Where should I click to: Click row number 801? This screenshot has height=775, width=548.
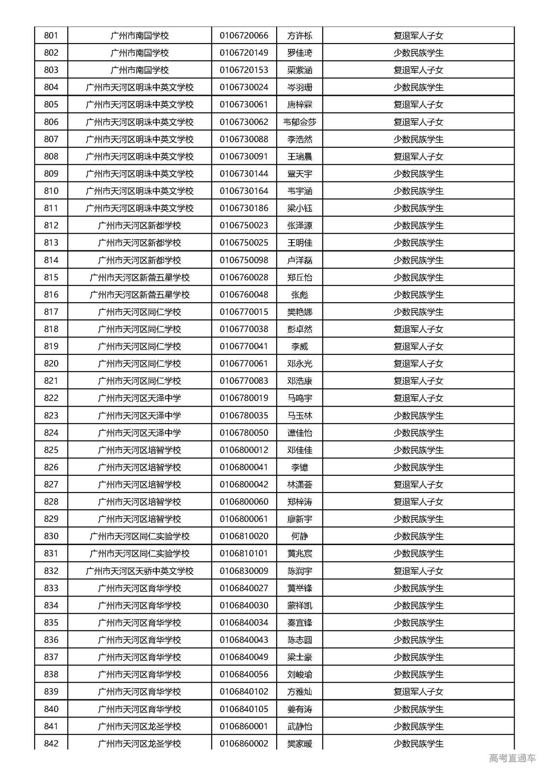[x=51, y=36]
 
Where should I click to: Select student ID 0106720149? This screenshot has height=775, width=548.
[x=244, y=53]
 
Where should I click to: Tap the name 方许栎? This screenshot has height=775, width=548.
[x=300, y=36]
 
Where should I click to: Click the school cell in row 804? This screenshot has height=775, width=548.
[x=140, y=87]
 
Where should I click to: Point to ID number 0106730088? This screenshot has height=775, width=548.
[x=244, y=139]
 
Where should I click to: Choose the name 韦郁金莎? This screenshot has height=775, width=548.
[x=300, y=122]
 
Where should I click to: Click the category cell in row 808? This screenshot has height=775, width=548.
[x=418, y=156]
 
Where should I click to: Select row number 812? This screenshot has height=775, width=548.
[x=51, y=225]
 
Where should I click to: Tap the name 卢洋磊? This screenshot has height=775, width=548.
[x=300, y=260]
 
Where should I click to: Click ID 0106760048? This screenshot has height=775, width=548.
[x=244, y=294]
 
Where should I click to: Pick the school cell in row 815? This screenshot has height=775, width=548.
[x=140, y=277]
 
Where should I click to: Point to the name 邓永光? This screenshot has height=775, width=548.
[x=300, y=363]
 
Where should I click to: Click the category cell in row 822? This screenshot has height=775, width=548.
[x=418, y=398]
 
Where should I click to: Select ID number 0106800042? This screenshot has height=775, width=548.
[x=244, y=484]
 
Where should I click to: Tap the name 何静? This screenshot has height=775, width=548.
[x=300, y=536]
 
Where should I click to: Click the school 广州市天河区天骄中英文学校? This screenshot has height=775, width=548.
[x=140, y=571]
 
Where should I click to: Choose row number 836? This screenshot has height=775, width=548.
[x=51, y=640]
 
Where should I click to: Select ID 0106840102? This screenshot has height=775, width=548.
[x=244, y=692]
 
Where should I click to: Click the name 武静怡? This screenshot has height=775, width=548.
[x=300, y=726]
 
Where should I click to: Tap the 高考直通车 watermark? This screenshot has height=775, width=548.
[x=512, y=758]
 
